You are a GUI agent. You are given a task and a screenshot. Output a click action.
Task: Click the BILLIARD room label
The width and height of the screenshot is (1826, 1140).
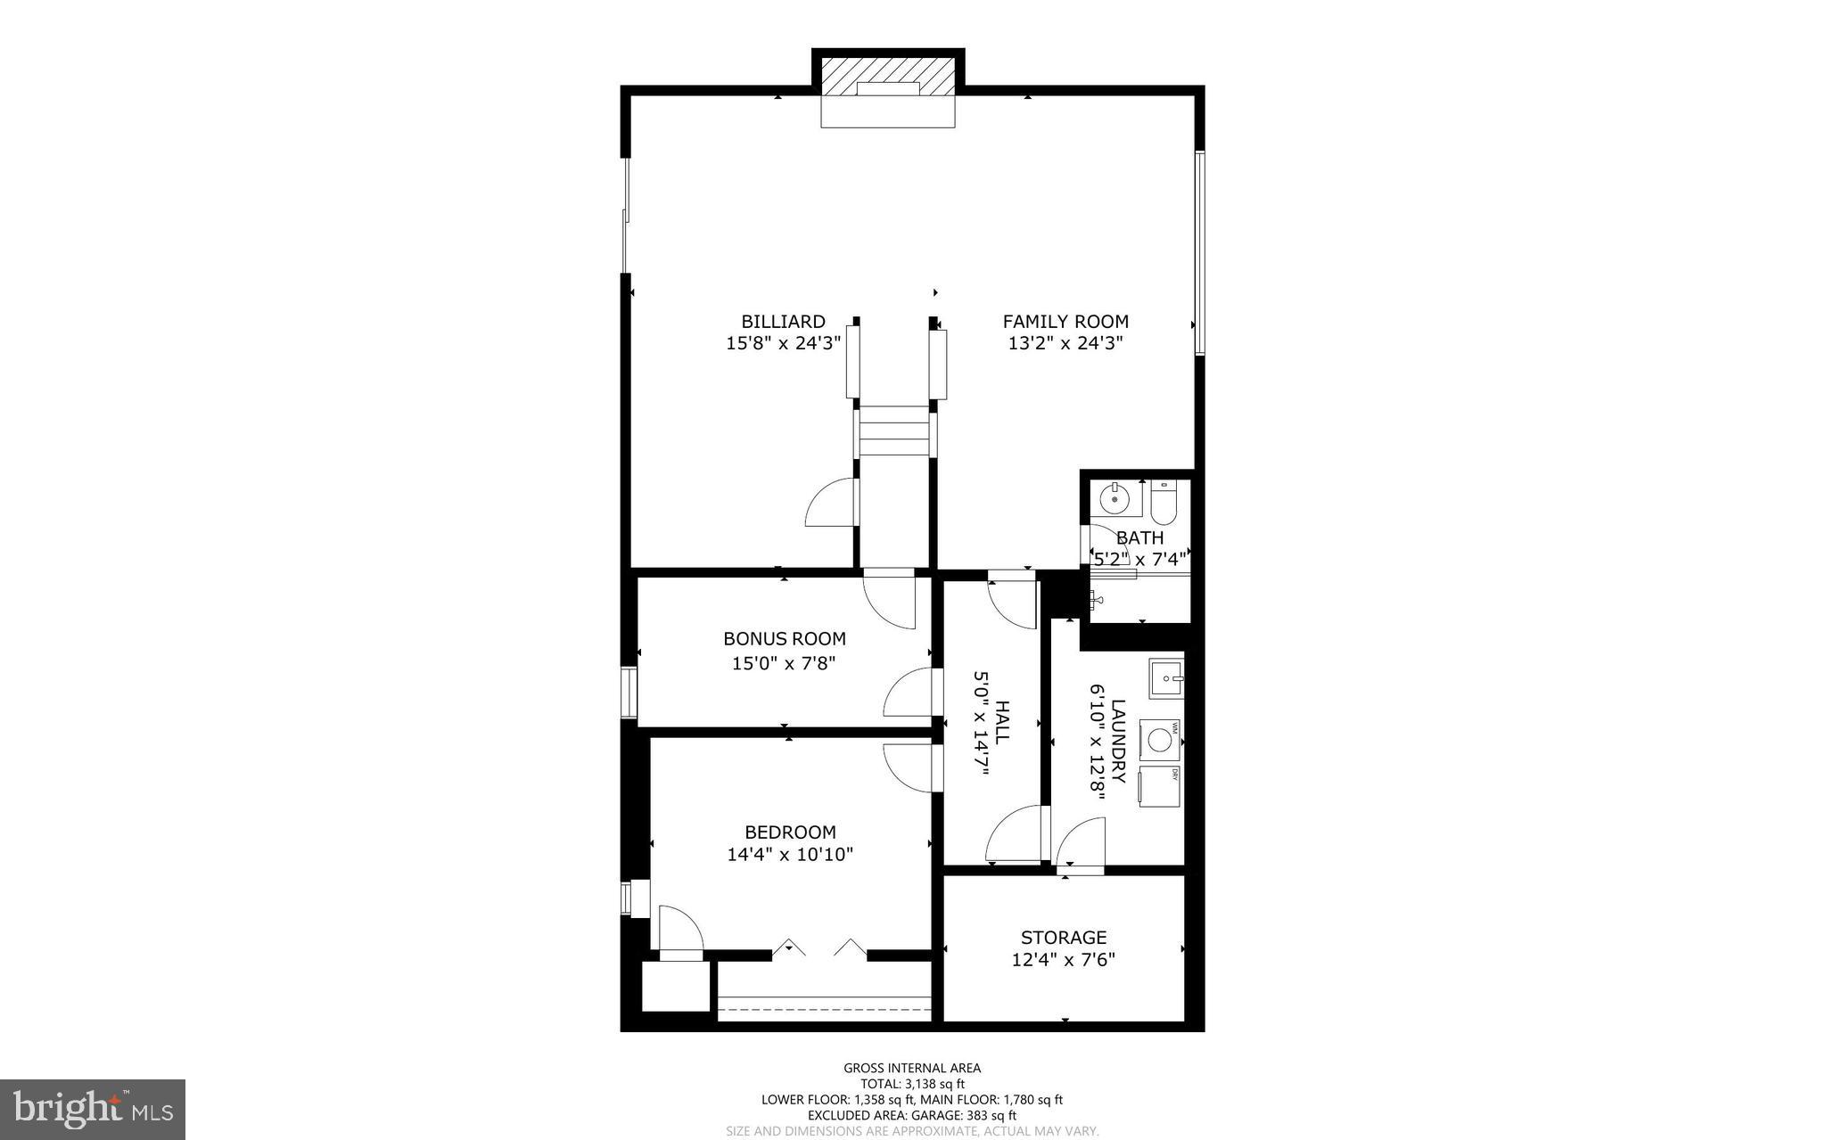783,322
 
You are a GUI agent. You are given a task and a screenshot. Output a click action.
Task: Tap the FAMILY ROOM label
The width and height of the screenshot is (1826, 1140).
1065,322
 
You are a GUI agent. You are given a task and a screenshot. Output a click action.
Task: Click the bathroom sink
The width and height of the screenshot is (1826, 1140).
1115,499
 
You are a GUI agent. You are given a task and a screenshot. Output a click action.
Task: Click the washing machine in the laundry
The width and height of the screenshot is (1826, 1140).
1159,741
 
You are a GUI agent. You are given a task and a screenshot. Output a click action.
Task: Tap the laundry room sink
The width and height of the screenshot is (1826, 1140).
1165,679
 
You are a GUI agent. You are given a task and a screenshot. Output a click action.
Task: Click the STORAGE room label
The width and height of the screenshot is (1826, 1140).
1064,938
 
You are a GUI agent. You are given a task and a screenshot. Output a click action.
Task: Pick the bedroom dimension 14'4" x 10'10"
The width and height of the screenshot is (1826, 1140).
790,855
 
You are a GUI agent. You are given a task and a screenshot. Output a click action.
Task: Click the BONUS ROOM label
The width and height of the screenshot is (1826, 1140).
785,639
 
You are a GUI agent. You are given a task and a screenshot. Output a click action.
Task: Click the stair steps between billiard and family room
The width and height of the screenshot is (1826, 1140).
895,431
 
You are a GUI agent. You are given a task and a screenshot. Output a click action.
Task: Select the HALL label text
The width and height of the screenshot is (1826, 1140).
1002,722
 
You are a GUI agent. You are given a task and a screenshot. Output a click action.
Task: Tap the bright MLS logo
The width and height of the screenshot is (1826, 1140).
93,1109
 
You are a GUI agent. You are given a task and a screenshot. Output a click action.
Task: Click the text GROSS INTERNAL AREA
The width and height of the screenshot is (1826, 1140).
912,1068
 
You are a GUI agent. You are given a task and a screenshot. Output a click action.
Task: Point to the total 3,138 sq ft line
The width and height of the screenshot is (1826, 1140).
912,1084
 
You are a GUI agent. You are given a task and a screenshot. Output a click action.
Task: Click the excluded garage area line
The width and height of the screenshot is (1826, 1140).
912,1115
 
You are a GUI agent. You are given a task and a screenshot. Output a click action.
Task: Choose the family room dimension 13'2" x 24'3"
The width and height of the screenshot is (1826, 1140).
1065,343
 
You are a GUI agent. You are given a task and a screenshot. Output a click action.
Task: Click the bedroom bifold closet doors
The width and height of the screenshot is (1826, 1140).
819,948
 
